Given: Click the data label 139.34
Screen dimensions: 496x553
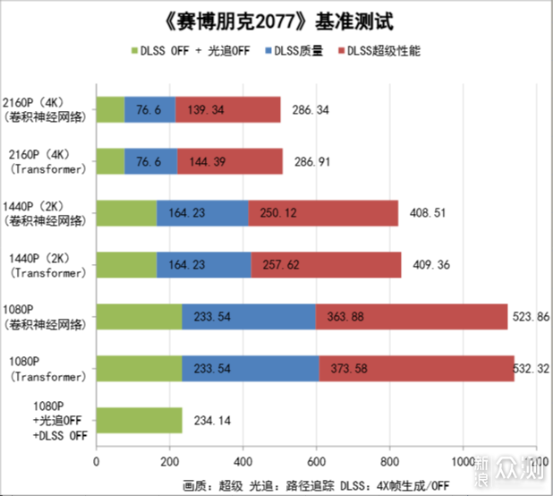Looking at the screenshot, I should pos(203,110).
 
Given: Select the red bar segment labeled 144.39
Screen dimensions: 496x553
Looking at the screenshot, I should pos(230,162).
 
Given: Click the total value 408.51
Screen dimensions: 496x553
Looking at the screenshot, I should pos(427,214).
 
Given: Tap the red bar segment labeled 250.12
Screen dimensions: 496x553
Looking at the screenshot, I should pos(323,214).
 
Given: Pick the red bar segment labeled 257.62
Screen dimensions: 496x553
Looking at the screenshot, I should pos(327,265).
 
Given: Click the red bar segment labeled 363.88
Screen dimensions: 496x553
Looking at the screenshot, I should pos(412,317).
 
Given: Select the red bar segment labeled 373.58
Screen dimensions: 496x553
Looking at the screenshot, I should pos(417,369).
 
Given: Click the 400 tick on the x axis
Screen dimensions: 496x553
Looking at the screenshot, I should pos(242,463).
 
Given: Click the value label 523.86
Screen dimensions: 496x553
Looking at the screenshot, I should pos(528,317).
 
